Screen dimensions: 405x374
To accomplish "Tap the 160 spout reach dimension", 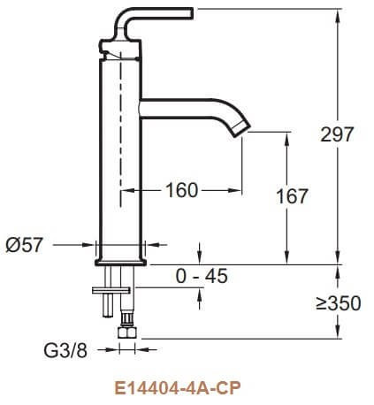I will click(181, 189).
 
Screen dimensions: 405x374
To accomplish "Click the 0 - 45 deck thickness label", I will click(202, 276).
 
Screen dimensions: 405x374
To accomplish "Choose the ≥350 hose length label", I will click(338, 303).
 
